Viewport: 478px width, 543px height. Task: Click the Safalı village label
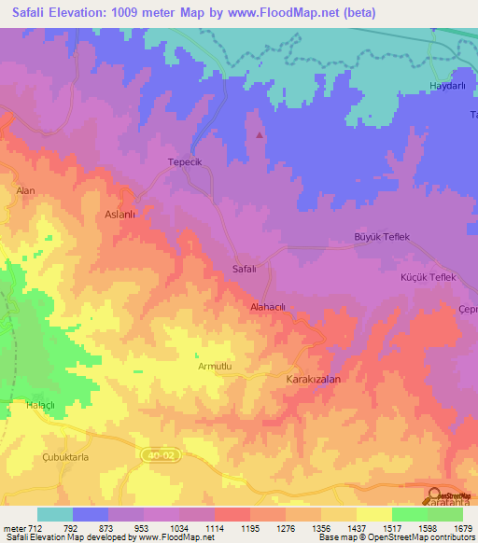point(244,269)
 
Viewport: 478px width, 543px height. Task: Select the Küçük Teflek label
point(427,278)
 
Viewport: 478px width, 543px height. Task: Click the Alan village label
point(25,190)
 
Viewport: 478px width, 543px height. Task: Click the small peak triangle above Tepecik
point(259,134)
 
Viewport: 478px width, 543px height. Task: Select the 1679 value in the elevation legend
point(463,528)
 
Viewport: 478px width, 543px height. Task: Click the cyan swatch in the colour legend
point(55,514)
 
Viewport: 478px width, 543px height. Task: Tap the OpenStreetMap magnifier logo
point(434,496)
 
